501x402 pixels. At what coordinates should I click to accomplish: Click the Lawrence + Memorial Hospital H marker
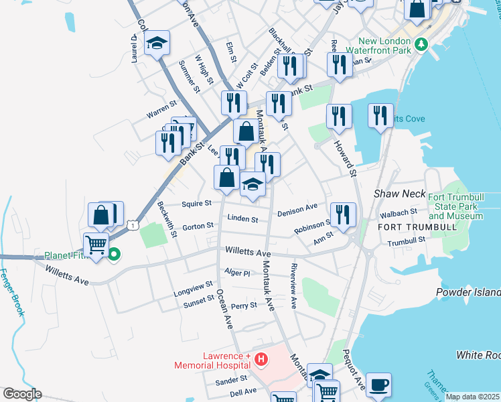(x=261, y=360)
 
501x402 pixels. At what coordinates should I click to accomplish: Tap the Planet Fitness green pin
(x=114, y=255)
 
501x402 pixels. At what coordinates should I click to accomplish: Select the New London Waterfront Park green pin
(x=421, y=45)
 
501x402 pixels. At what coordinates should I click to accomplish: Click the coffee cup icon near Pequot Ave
(x=378, y=385)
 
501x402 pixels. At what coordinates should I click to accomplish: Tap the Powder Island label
(x=469, y=292)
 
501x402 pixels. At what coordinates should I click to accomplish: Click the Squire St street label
(x=197, y=203)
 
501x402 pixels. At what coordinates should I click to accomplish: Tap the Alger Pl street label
(x=237, y=273)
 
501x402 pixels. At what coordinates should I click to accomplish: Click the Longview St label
(x=193, y=293)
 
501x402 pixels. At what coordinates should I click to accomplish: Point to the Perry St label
(x=244, y=306)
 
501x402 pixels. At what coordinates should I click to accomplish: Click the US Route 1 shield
(x=134, y=226)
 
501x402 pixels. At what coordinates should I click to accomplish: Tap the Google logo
(x=22, y=394)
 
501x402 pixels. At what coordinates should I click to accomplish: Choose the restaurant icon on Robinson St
(x=343, y=215)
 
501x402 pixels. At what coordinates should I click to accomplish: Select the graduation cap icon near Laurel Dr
(x=157, y=44)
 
